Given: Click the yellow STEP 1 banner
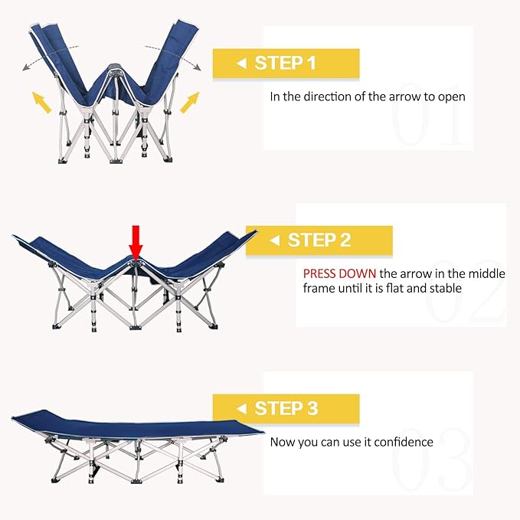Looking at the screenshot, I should tap(286, 64).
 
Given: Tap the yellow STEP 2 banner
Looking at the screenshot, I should tap(319, 240).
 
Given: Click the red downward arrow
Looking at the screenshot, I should tap(136, 243).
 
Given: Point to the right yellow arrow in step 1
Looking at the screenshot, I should tap(188, 101).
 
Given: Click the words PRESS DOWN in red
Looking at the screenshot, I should tap(339, 273).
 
